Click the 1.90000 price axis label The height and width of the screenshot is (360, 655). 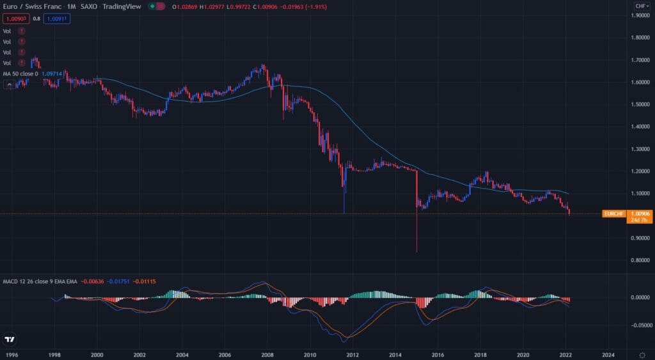(640, 15)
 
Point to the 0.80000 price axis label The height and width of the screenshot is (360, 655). (640, 260)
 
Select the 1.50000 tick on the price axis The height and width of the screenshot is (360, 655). (640, 104)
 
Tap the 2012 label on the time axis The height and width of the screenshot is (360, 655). (352, 354)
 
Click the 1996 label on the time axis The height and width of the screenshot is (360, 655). (11, 354)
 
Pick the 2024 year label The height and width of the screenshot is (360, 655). (608, 354)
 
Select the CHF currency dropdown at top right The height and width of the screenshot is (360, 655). (640, 6)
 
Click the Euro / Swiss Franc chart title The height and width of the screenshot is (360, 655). (31, 6)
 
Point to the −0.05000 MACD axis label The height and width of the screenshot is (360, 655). (639, 325)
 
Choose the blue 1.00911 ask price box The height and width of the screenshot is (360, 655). (57, 19)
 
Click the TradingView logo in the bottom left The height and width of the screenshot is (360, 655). (11, 339)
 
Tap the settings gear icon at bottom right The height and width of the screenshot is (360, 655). (642, 354)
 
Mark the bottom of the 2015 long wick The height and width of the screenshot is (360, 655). (416, 252)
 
